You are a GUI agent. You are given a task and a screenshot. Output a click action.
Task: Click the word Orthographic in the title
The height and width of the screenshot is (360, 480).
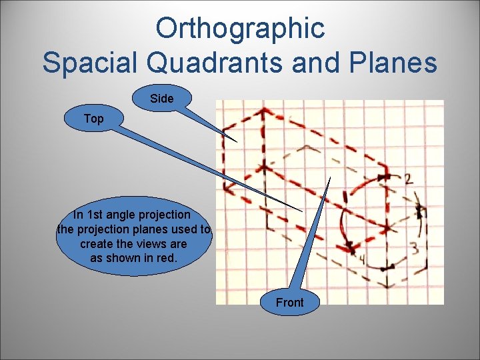[x=240, y=28]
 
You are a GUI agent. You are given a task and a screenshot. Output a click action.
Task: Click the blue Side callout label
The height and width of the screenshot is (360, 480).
[x=162, y=99]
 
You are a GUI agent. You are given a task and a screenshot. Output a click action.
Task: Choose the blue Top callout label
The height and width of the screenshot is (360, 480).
[x=94, y=119]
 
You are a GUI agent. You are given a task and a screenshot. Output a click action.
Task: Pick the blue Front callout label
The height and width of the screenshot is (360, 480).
[x=289, y=303]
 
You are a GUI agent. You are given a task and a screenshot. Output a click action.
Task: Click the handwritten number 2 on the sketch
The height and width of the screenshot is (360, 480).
[x=408, y=178]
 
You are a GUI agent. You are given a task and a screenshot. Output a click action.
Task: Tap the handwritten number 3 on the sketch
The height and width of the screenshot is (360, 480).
[x=414, y=249]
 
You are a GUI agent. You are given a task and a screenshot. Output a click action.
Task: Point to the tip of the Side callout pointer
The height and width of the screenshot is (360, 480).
[x=237, y=141]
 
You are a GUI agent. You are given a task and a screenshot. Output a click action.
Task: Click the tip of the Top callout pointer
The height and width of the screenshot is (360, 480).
[x=303, y=211]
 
